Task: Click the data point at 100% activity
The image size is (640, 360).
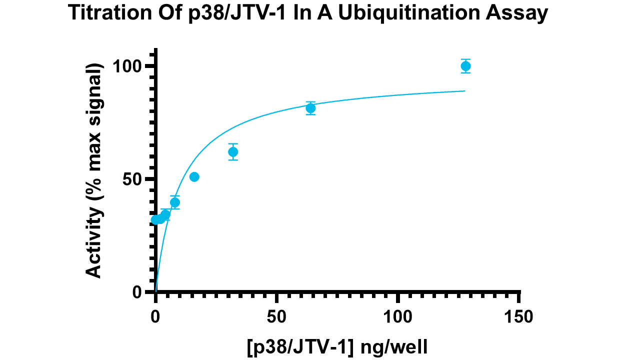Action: pos(465,66)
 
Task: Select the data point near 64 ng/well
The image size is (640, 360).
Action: pos(310,108)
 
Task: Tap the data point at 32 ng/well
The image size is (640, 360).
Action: pos(233,151)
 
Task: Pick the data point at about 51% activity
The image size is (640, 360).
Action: pos(194,176)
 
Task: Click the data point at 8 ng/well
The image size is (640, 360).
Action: pos(175,202)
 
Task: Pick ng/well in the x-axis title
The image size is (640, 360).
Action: pos(396,346)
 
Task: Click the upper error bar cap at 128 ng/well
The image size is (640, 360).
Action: pos(465,59)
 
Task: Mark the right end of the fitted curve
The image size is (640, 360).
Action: pos(465,91)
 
